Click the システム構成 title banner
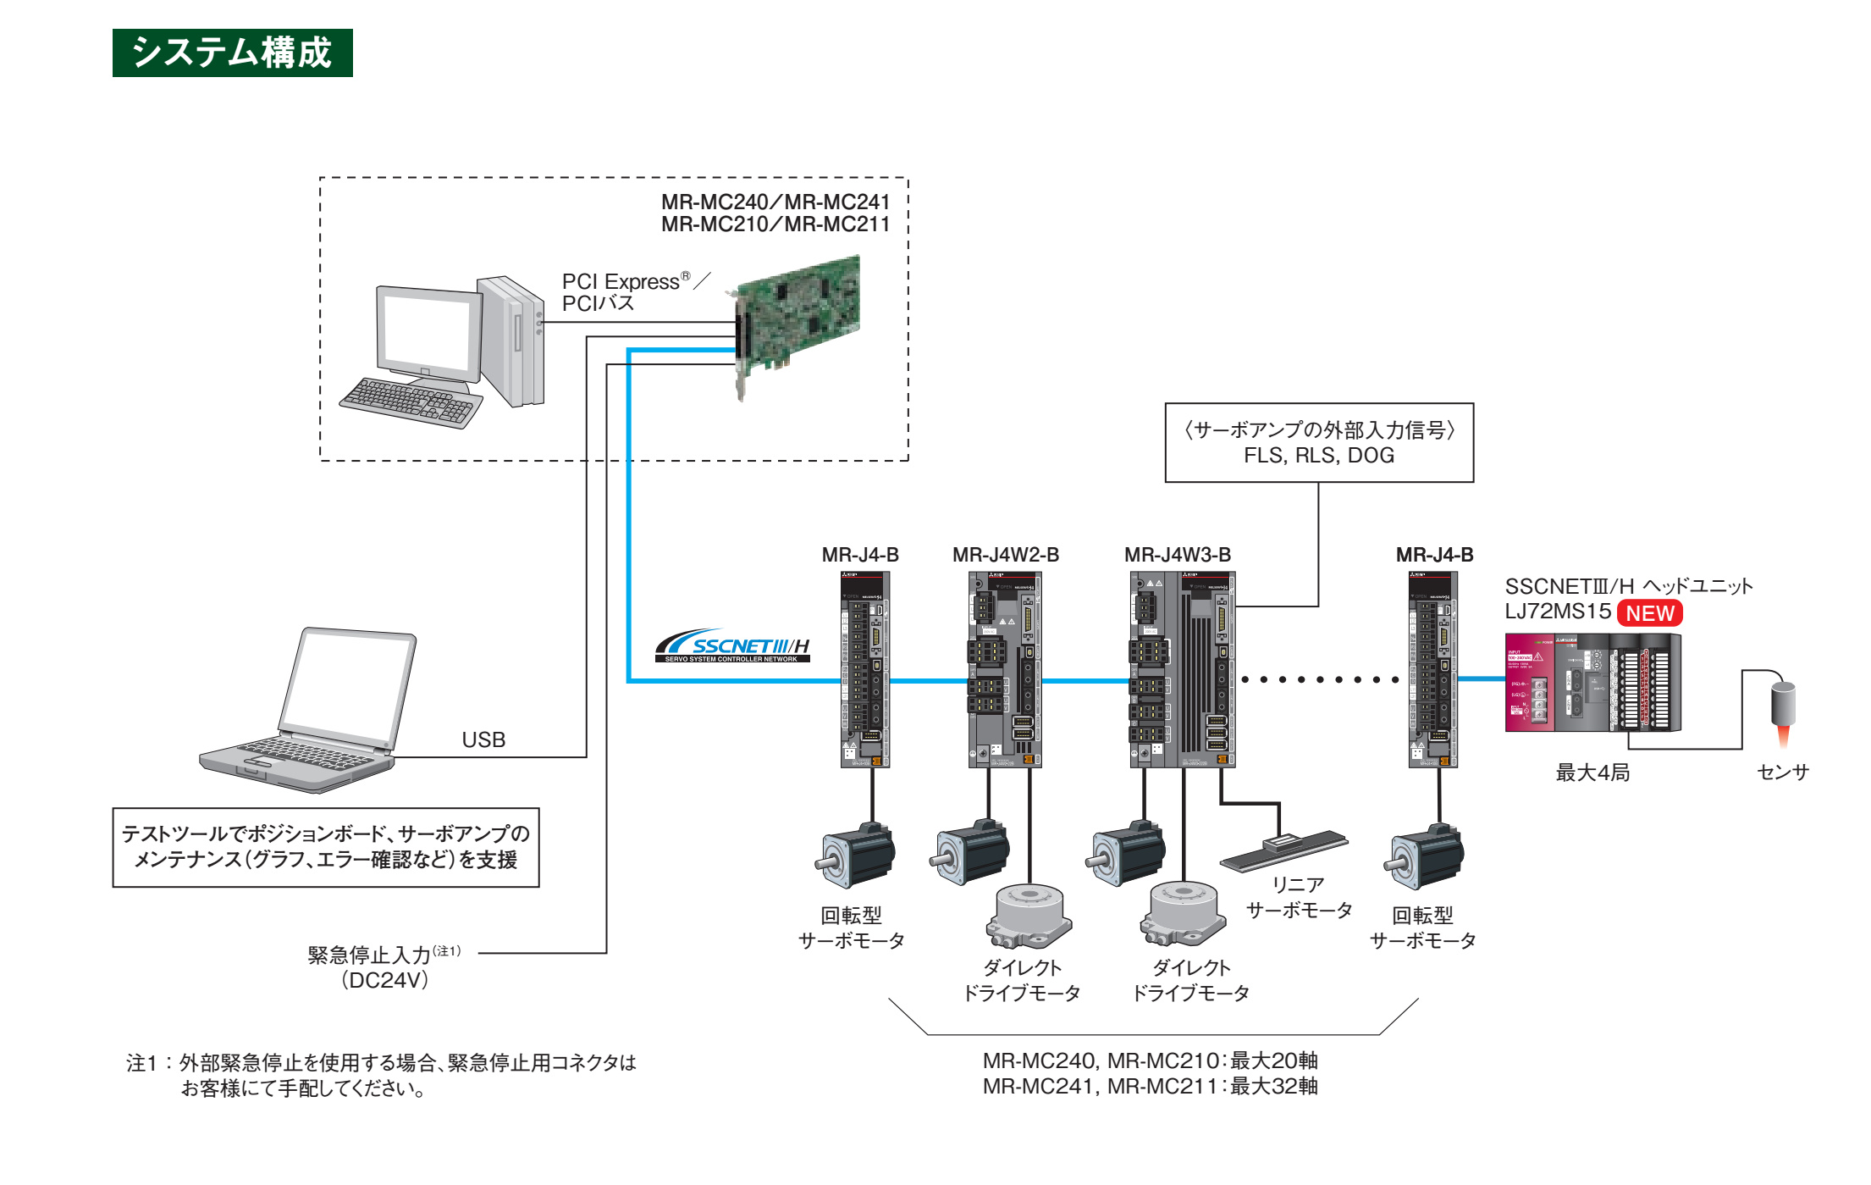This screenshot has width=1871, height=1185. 232,53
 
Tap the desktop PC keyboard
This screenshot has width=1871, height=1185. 411,402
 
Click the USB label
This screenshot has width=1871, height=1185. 483,739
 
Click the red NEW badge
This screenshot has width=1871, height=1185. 1649,613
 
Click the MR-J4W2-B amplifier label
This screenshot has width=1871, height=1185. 1006,555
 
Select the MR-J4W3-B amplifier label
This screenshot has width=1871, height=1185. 1178,555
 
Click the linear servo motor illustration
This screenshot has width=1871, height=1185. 1283,850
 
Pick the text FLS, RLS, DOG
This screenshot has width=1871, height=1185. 1319,456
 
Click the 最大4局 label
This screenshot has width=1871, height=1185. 1592,772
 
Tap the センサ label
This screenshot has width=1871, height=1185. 1783,772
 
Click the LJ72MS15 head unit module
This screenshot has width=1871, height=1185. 1592,682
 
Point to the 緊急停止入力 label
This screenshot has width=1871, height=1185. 370,955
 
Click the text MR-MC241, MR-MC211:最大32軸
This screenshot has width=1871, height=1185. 1150,1087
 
